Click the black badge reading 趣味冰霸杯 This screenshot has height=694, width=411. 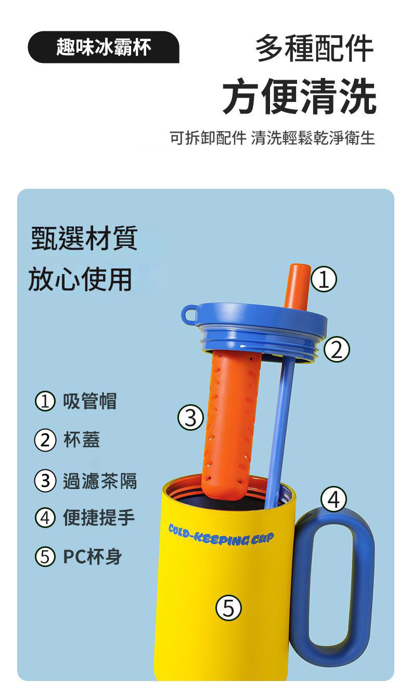coord(104,47)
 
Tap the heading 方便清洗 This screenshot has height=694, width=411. coord(300,96)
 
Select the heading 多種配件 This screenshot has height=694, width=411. coord(314,48)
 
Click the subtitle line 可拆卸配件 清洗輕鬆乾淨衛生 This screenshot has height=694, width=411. coord(272,138)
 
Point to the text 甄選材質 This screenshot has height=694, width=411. coord(84,238)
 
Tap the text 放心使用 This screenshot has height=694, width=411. coord(80,279)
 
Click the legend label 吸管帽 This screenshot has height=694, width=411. coord(90,401)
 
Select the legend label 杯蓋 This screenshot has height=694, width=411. coord(82,440)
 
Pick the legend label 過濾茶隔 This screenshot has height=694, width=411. coord(100,481)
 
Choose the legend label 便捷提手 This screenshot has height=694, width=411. coord(99,518)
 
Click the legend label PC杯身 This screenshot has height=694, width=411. coord(92,557)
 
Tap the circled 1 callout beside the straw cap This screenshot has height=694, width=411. coord(324,279)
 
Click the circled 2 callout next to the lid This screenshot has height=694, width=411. coord(337,349)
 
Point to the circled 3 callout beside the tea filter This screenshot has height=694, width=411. coord(190,417)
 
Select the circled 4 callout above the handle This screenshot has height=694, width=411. coord(333,499)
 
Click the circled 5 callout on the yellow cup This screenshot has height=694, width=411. coord(228,608)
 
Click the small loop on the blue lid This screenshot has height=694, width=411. coord(189,315)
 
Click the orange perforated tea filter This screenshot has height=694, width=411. coord(232,425)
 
